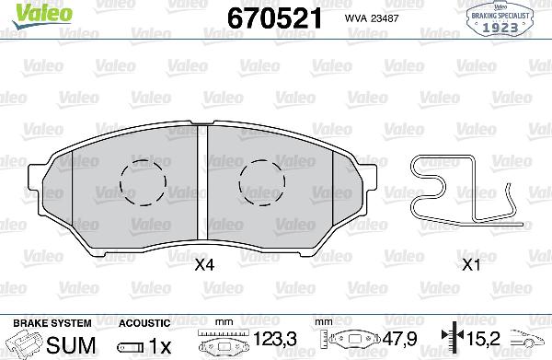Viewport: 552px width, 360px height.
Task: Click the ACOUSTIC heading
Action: (x=145, y=323)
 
